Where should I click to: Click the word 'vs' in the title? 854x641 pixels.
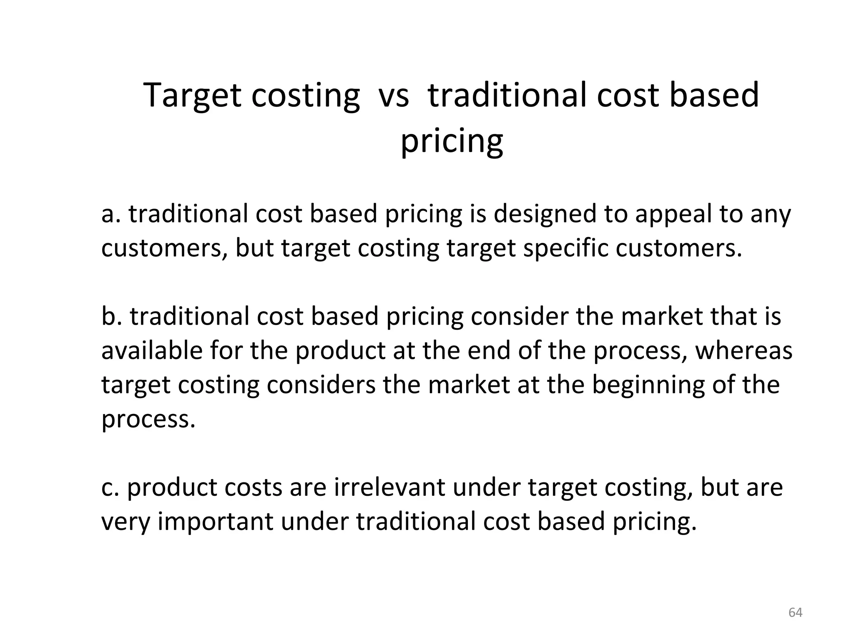(x=393, y=96)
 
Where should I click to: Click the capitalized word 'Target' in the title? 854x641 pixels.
(x=192, y=96)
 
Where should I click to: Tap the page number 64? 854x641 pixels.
(x=795, y=612)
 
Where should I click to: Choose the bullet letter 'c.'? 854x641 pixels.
(x=110, y=487)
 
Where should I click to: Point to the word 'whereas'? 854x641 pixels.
(x=744, y=350)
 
